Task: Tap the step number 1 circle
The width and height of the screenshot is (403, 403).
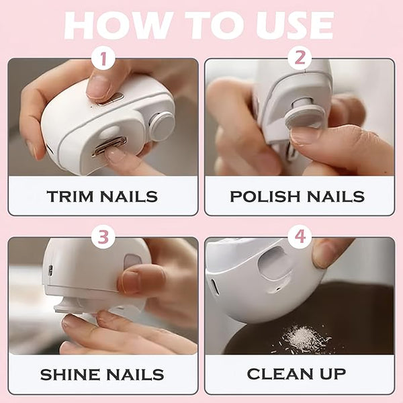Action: (x=103, y=58)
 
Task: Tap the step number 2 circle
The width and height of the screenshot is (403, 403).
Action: (x=300, y=58)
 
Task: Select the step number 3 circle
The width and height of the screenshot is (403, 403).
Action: (x=103, y=237)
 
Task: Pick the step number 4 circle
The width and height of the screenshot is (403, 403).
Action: (x=300, y=236)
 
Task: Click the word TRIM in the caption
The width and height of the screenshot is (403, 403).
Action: (x=70, y=197)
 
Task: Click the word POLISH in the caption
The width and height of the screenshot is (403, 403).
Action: (x=265, y=197)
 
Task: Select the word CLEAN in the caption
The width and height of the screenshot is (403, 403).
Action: (x=280, y=374)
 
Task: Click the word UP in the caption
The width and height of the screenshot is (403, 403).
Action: (x=333, y=374)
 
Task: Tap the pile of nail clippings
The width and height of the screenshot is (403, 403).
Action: (x=304, y=339)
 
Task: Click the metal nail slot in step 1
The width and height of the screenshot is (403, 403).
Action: (x=109, y=147)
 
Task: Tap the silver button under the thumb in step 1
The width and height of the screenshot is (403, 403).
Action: (x=111, y=99)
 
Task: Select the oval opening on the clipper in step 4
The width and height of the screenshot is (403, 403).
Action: (x=274, y=263)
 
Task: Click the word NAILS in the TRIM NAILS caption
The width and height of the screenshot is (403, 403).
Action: (x=129, y=197)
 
